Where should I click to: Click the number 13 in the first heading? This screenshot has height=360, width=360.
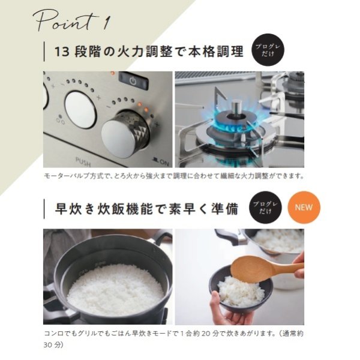62,52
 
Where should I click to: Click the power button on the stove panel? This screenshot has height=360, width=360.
133,80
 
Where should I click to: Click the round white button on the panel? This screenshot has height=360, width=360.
80,108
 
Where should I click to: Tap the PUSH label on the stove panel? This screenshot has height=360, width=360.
83,160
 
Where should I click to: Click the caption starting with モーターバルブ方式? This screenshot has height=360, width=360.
174,176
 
